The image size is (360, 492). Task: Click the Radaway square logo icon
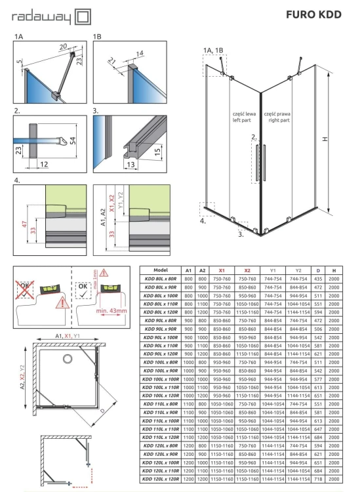coord(83,17)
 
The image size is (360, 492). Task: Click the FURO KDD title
coord(313,14)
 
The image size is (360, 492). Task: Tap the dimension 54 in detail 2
coord(72,140)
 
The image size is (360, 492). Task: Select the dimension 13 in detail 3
coord(130,164)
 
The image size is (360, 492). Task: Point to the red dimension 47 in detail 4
coord(24,224)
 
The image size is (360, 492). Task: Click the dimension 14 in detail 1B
coord(140,53)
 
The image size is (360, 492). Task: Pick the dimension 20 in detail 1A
coord(63,47)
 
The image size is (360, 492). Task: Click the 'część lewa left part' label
coord(244,117)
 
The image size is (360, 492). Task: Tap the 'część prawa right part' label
coord(277,117)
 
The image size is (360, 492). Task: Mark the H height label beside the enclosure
coord(325,138)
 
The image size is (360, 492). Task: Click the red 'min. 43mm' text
coord(111,311)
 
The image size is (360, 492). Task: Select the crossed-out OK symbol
coord(25,290)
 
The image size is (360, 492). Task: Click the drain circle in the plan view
coord(68,358)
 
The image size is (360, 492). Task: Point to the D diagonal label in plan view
coord(102,411)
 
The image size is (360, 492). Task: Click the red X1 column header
coord(222,270)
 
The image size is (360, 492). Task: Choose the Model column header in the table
coord(161,270)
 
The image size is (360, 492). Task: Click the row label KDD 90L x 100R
coord(161,338)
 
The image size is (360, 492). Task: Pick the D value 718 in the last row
coord(318,480)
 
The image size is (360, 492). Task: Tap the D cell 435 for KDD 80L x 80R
coord(318,279)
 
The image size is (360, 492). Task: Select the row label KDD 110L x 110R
coord(161,429)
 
